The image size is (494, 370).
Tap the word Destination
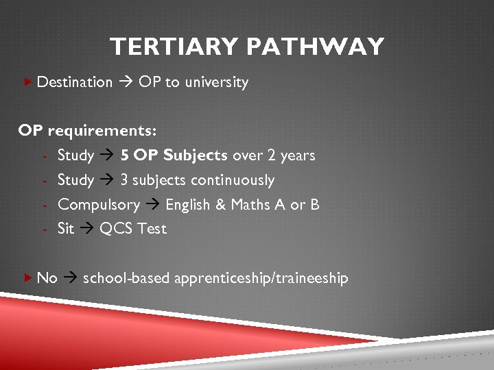(x=74, y=82)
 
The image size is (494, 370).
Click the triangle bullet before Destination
(x=27, y=82)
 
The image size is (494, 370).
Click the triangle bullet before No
(x=27, y=277)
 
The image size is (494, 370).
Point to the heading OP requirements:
(x=87, y=130)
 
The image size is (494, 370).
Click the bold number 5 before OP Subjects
(x=124, y=155)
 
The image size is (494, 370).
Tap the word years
(x=297, y=155)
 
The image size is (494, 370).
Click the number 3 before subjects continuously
(x=124, y=180)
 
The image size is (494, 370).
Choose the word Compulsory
(x=98, y=204)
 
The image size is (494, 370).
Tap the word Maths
(x=250, y=204)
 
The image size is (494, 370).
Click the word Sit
(x=66, y=229)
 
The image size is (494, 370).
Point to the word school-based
(x=126, y=278)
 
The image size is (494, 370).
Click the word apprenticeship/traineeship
(x=261, y=278)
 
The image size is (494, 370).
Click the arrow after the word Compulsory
(x=152, y=205)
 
